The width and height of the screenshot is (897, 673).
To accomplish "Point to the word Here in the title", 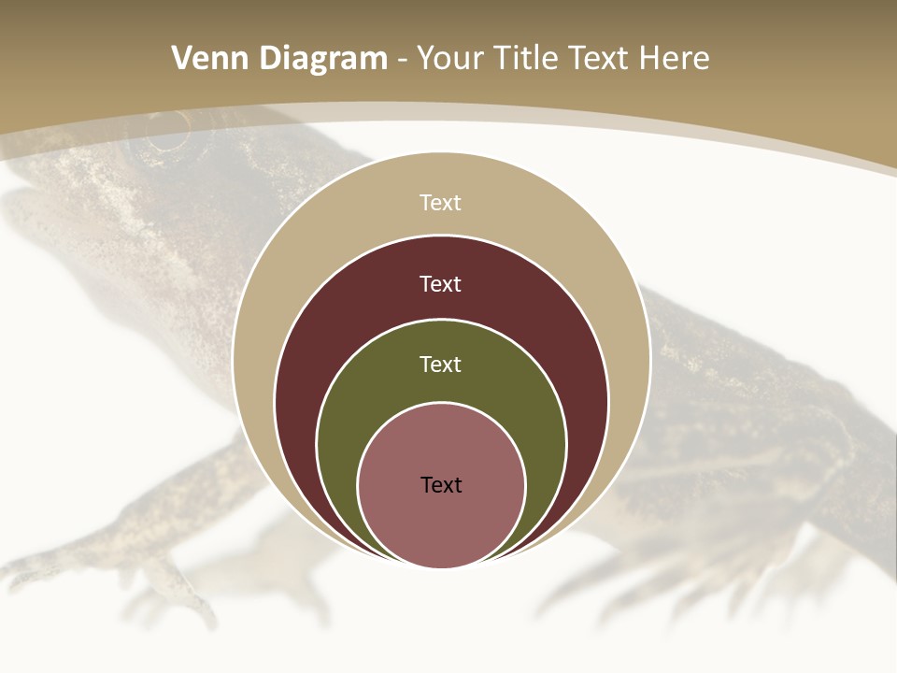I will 674,59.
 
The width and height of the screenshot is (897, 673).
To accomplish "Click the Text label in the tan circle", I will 441,203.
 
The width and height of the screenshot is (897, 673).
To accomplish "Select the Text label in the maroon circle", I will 441,283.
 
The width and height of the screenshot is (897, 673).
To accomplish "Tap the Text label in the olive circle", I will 441,365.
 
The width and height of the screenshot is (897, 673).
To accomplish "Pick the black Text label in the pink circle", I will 441,485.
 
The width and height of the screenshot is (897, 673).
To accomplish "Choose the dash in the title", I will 401,59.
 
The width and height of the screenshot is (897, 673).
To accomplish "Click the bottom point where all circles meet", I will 441,566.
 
